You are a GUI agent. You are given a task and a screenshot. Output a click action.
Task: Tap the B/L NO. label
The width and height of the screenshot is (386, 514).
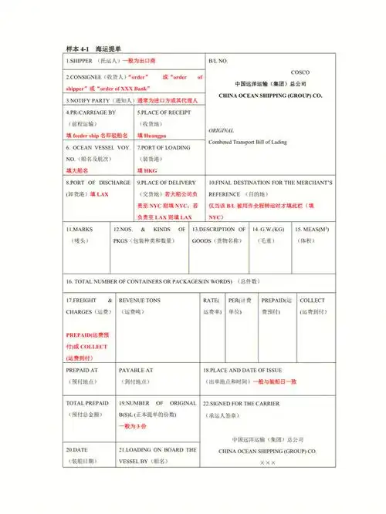click(x=218, y=60)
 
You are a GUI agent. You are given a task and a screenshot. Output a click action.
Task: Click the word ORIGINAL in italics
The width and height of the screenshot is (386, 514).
click(x=222, y=131)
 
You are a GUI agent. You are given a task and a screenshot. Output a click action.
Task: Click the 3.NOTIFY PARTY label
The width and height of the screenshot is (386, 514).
click(x=89, y=100)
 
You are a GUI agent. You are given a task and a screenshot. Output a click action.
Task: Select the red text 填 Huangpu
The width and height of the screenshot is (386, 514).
click(x=152, y=135)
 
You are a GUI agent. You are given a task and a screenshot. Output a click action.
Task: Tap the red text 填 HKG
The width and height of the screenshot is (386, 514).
click(x=147, y=169)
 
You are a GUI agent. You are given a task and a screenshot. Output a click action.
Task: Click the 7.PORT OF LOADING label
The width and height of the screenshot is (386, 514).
click(x=164, y=146)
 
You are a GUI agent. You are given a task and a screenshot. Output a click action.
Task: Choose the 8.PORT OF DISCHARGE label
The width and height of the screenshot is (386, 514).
click(x=98, y=183)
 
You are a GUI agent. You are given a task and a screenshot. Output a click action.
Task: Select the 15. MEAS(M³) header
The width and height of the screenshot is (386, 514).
click(x=313, y=229)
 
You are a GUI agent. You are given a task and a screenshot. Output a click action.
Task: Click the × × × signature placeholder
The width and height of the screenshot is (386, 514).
click(x=267, y=462)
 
